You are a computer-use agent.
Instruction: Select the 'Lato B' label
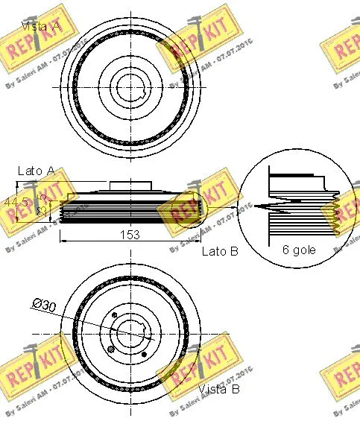(x=220, y=252)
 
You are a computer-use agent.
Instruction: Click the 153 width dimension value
(x=130, y=235)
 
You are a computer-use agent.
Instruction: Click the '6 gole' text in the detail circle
(x=298, y=250)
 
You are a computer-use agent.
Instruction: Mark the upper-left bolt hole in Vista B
(x=113, y=317)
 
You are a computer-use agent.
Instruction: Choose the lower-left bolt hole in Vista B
(x=111, y=349)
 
